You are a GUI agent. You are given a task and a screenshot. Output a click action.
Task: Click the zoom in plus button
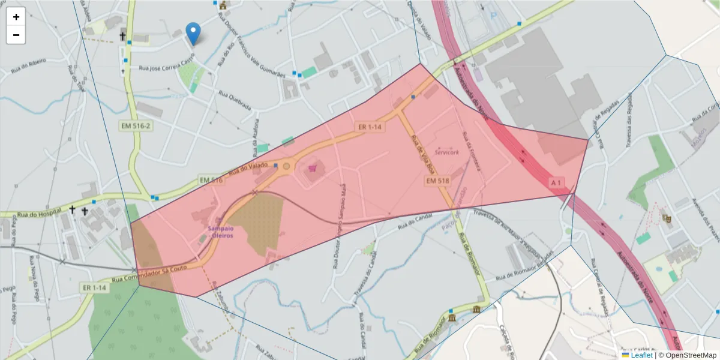16,17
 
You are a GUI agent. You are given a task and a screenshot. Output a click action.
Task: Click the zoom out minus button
16,35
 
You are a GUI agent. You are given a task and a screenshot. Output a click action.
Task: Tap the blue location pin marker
193,33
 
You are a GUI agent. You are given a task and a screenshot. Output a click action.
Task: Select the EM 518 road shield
438,181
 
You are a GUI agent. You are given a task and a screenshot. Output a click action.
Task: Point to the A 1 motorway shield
557,181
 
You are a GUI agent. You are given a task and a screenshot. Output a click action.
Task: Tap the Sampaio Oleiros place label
221,232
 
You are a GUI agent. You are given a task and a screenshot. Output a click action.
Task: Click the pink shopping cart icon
312,169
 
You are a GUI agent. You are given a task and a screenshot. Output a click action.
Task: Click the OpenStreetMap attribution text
687,355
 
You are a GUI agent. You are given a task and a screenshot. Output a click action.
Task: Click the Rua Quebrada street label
234,100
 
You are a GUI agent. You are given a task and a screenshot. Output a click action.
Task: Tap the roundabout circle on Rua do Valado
287,166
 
